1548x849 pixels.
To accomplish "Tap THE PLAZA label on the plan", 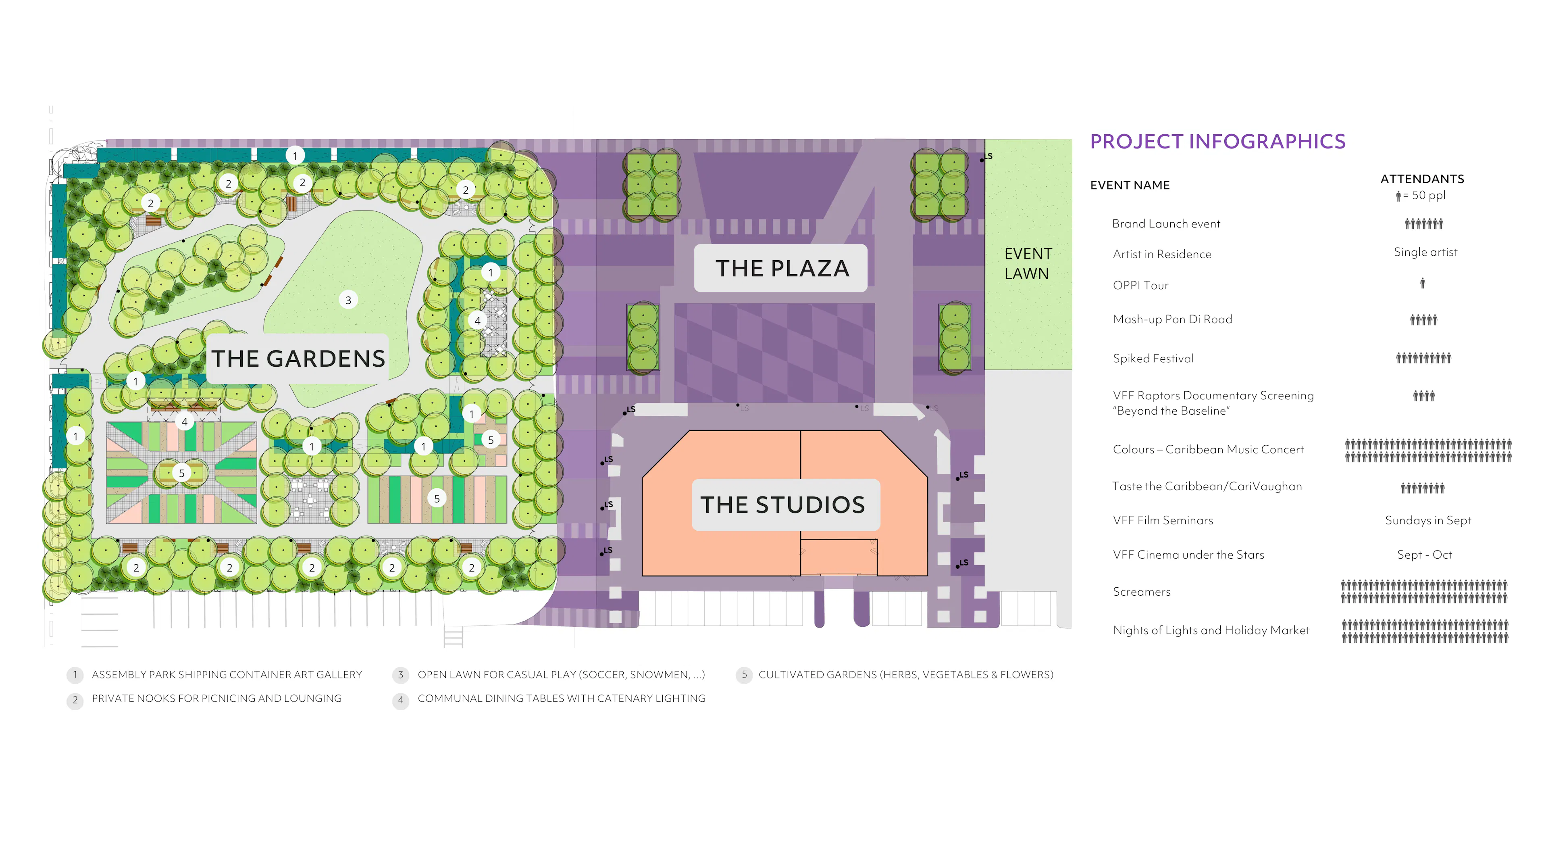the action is pyautogui.click(x=782, y=268).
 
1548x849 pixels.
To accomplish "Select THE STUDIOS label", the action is pyautogui.click(x=782, y=505).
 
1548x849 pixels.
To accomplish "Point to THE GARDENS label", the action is pyautogui.click(x=298, y=359).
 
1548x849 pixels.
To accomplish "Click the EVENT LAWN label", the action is pyautogui.click(x=1028, y=263).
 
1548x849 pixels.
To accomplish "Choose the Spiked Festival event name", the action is pyautogui.click(x=1153, y=359).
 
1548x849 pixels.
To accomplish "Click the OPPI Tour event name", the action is pyautogui.click(x=1140, y=286).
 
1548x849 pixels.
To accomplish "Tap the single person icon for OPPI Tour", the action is pyautogui.click(x=1422, y=283).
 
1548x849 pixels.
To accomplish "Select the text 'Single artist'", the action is pyautogui.click(x=1425, y=252).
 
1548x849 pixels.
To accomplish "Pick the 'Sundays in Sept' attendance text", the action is pyautogui.click(x=1428, y=521).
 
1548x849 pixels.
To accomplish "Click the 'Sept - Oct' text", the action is pyautogui.click(x=1424, y=555).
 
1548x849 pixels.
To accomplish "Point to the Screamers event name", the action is pyautogui.click(x=1141, y=592).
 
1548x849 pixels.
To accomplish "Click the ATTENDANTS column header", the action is pyautogui.click(x=1422, y=179).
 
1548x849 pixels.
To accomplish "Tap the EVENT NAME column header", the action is pyautogui.click(x=1130, y=185).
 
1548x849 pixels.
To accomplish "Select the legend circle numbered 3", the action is pyautogui.click(x=401, y=675).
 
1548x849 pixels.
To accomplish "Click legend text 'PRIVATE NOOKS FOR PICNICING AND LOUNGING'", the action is pyautogui.click(x=216, y=699).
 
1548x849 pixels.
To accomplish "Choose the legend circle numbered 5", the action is pyautogui.click(x=744, y=675).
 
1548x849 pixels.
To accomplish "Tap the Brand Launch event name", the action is pyautogui.click(x=1166, y=224).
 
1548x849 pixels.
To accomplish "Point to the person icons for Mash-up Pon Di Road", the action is pyautogui.click(x=1423, y=320).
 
